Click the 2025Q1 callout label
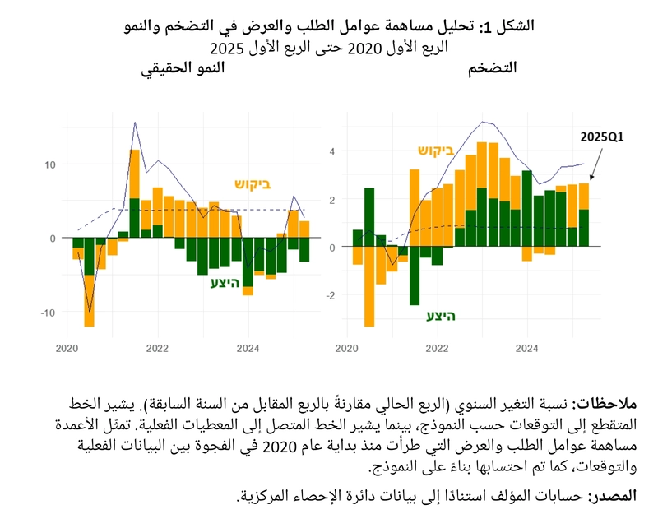tap(602, 137)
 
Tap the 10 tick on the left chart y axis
tap(49, 164)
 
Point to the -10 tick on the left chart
tap(48, 313)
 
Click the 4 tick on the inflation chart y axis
tap(333, 151)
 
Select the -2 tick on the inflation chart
tap(331, 295)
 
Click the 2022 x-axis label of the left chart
tap(157, 348)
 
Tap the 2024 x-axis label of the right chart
tap(526, 348)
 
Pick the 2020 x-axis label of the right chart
tap(346, 348)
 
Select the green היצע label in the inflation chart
tap(442, 316)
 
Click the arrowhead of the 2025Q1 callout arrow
tap(590, 179)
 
